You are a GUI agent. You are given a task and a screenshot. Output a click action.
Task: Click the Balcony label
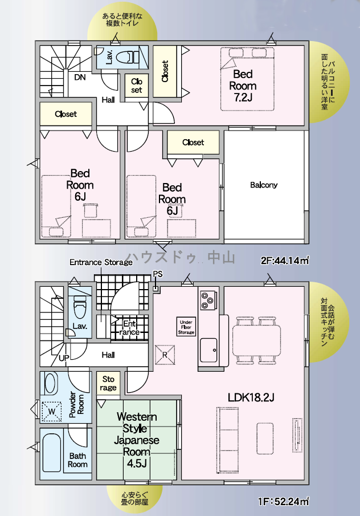(264, 185)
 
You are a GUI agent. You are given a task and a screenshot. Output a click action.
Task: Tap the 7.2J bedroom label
(243, 86)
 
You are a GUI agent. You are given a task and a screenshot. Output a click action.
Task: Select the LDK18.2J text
(251, 397)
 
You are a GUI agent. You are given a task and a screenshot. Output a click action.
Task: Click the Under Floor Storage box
(186, 327)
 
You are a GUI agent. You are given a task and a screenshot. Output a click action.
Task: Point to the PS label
(158, 274)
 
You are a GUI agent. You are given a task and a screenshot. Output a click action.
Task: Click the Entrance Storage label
(101, 262)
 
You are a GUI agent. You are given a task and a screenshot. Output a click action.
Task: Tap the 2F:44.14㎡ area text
(285, 261)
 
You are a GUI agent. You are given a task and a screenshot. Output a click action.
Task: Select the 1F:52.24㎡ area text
(284, 502)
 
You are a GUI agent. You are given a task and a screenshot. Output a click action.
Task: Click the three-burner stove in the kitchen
(208, 299)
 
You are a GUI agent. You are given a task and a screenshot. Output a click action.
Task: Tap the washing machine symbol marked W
(52, 412)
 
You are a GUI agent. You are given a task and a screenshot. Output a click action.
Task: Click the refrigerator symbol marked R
(165, 355)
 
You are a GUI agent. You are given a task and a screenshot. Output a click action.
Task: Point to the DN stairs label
(80, 78)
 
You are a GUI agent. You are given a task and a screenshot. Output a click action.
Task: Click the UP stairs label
(64, 357)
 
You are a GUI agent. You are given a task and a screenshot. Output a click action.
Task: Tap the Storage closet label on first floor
(108, 383)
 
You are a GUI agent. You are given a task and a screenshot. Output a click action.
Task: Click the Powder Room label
(76, 404)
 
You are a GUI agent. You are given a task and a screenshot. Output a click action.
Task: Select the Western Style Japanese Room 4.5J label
(137, 440)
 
